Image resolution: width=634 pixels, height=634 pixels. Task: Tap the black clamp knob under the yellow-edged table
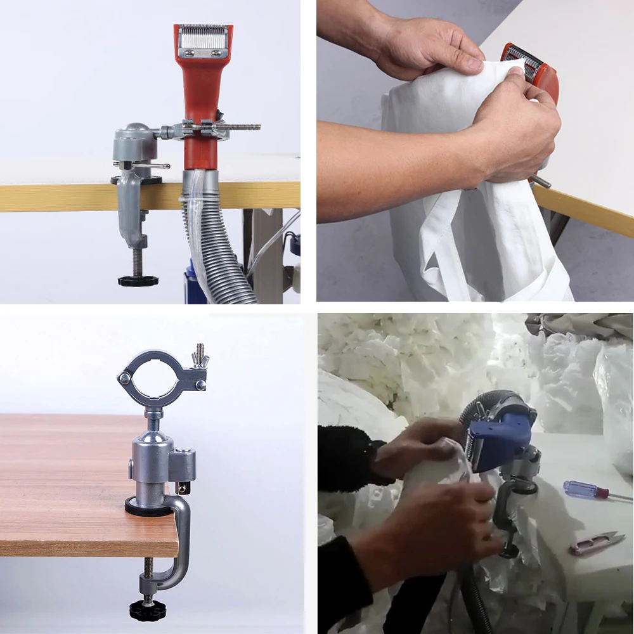pyautogui.click(x=138, y=280)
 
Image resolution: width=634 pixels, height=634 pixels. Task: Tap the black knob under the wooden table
pyautogui.click(x=146, y=610)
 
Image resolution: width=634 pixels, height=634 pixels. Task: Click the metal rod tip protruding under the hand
pyautogui.click(x=542, y=184)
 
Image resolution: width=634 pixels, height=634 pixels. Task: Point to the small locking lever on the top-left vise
pyautogui.click(x=152, y=165)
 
